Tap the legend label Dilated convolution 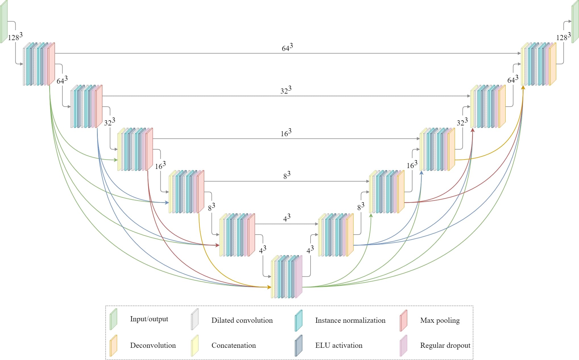click(x=242, y=320)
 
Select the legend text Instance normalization click(x=350, y=320)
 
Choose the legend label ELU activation click(x=339, y=345)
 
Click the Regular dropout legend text click(x=445, y=345)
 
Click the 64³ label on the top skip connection click(x=287, y=48)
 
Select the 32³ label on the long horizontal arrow click(x=286, y=90)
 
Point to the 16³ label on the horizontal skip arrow click(x=286, y=133)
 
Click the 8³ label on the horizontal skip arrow click(x=287, y=175)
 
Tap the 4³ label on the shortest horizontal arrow click(x=287, y=218)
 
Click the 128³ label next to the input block click(x=15, y=37)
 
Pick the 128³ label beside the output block click(x=563, y=37)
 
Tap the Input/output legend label click(x=149, y=319)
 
